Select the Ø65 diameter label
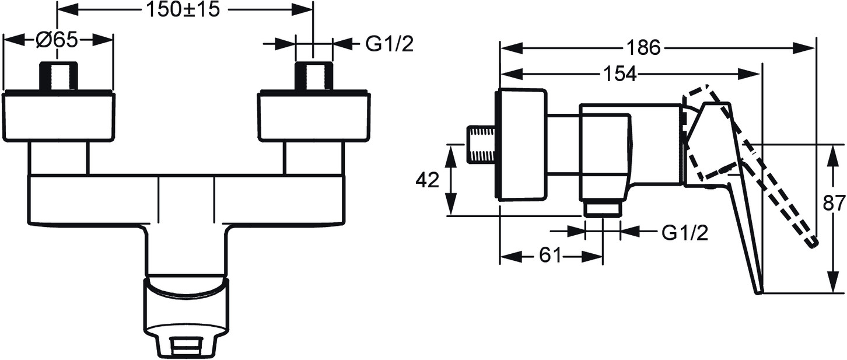tap(57, 41)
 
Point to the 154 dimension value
tap(617, 74)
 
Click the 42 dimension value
tap(427, 181)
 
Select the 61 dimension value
tap(549, 255)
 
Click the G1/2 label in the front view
tap(390, 44)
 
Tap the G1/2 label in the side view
tap(685, 233)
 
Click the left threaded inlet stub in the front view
tap(58, 76)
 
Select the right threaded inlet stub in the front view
tap(314, 76)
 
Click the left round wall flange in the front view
tap(58, 116)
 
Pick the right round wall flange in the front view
tap(314, 116)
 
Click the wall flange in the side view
tap(521, 144)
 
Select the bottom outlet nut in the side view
tap(603, 208)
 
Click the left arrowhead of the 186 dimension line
tap(505, 48)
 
